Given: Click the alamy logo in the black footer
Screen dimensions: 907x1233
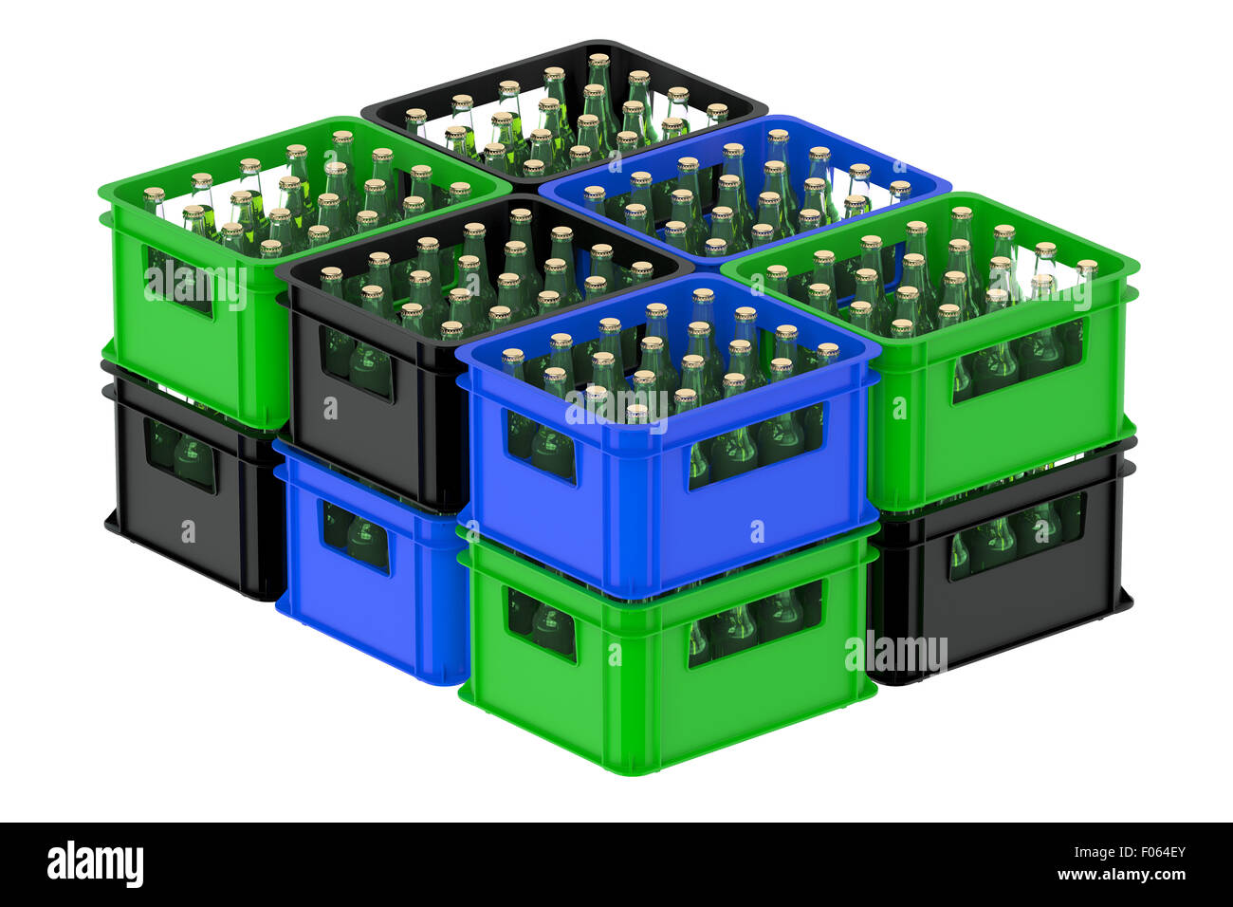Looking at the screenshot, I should point(95,864).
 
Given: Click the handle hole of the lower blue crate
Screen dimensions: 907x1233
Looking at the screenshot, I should point(356,537).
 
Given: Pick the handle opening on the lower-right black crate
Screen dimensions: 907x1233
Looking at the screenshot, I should point(1015,536).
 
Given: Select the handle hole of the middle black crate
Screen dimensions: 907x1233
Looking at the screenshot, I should point(357,361).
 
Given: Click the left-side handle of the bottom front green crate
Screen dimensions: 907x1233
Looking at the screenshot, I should point(541,623).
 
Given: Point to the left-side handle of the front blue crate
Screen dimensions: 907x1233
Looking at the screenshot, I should point(540,444).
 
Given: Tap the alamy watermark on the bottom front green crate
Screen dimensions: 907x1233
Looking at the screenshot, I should point(895,654).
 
